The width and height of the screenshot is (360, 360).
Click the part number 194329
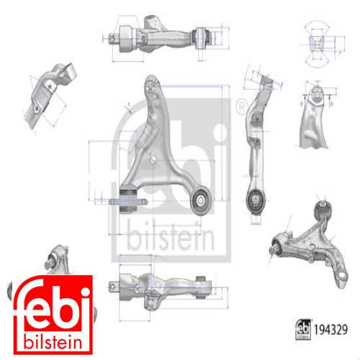[330, 330]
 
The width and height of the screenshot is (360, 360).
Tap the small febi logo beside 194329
[303, 329]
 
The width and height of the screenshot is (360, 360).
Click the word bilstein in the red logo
[53, 343]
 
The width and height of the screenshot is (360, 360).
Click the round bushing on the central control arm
[201, 200]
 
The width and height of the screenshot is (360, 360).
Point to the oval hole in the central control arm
[153, 159]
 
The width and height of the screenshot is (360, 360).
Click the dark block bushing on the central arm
[128, 198]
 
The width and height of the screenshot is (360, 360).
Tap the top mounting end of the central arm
[152, 84]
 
